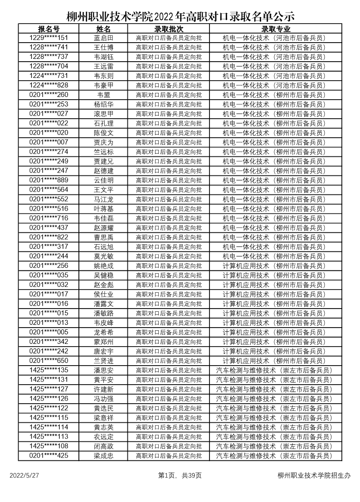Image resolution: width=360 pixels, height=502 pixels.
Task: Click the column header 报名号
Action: [x=49, y=29]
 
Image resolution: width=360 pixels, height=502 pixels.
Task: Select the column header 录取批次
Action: [x=169, y=29]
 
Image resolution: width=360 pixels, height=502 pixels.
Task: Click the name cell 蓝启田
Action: [x=103, y=38]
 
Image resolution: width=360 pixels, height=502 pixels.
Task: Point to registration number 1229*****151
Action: [x=49, y=38]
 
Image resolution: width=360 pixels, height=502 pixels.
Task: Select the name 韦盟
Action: [x=103, y=95]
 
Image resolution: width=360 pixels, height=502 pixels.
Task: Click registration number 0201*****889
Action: [x=49, y=180]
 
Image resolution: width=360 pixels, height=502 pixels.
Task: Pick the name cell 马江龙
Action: [x=103, y=199]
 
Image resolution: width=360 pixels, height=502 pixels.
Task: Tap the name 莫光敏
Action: [x=103, y=256]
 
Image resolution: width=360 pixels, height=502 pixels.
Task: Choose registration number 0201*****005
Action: [x=49, y=332]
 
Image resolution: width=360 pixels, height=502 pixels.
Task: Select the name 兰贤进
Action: [x=103, y=361]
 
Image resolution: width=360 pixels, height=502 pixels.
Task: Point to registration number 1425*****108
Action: [x=49, y=446]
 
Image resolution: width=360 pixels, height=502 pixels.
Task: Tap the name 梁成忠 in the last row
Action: [x=103, y=456]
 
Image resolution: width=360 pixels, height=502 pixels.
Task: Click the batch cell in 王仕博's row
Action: [x=169, y=48]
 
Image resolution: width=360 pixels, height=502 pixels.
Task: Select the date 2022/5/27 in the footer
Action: [x=24, y=475]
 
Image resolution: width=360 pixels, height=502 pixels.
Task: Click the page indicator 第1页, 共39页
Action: [x=180, y=475]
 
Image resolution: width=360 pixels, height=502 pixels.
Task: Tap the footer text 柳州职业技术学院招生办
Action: [x=314, y=475]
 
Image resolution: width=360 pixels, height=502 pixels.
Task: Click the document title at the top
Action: [x=180, y=17]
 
